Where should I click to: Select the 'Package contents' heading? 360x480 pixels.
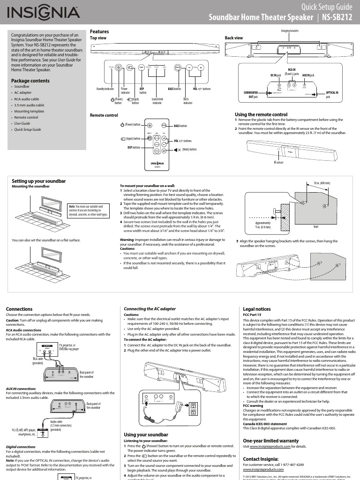coord(31,81)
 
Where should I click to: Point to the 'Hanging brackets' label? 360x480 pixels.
coord(289,30)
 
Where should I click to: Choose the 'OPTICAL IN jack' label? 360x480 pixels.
coord(332,95)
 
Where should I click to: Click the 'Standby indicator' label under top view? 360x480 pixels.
coord(105,89)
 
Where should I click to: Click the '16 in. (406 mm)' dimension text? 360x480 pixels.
coord(322,183)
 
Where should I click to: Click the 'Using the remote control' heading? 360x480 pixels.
coord(261,115)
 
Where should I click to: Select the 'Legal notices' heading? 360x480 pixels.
coord(256,309)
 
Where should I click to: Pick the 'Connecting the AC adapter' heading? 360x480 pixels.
coord(150,309)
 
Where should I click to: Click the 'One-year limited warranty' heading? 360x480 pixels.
coord(270,441)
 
